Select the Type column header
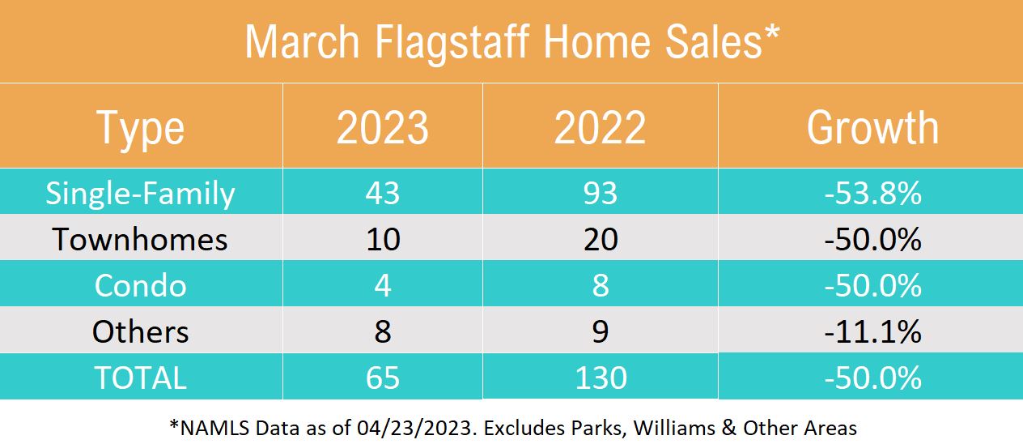[141, 128]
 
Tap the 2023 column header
[383, 128]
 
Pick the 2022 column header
[600, 128]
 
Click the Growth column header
[872, 128]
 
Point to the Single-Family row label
[141, 194]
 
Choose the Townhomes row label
[141, 240]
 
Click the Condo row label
[141, 286]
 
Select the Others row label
[141, 332]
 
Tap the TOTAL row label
[141, 378]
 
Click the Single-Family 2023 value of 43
[383, 194]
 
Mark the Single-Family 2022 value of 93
[600, 194]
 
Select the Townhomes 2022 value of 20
[600, 240]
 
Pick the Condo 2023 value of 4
[383, 286]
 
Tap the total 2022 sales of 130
[600, 378]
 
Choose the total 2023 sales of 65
[383, 378]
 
